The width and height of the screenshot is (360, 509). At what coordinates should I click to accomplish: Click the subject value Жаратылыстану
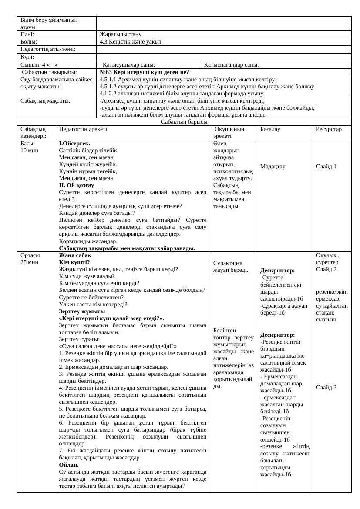tap(120, 34)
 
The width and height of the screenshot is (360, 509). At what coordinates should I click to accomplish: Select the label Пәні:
tap(27, 34)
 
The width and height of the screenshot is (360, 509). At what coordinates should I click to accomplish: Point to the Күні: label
tap(27, 57)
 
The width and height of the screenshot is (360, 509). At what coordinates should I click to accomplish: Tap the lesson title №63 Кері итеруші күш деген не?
tap(144, 72)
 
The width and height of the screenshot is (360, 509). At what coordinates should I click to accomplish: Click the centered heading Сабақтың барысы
tap(184, 122)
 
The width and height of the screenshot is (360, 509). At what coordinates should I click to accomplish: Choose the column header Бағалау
tap(270, 129)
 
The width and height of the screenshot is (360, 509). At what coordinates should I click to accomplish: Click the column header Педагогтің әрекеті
tap(83, 129)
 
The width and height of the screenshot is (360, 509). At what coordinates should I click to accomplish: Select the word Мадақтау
tap(273, 167)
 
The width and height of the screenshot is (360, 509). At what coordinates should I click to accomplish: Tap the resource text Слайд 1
tap(326, 167)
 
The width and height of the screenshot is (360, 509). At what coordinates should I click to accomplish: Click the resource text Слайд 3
tap(326, 388)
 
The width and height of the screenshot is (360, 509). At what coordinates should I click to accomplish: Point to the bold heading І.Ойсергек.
tap(75, 143)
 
